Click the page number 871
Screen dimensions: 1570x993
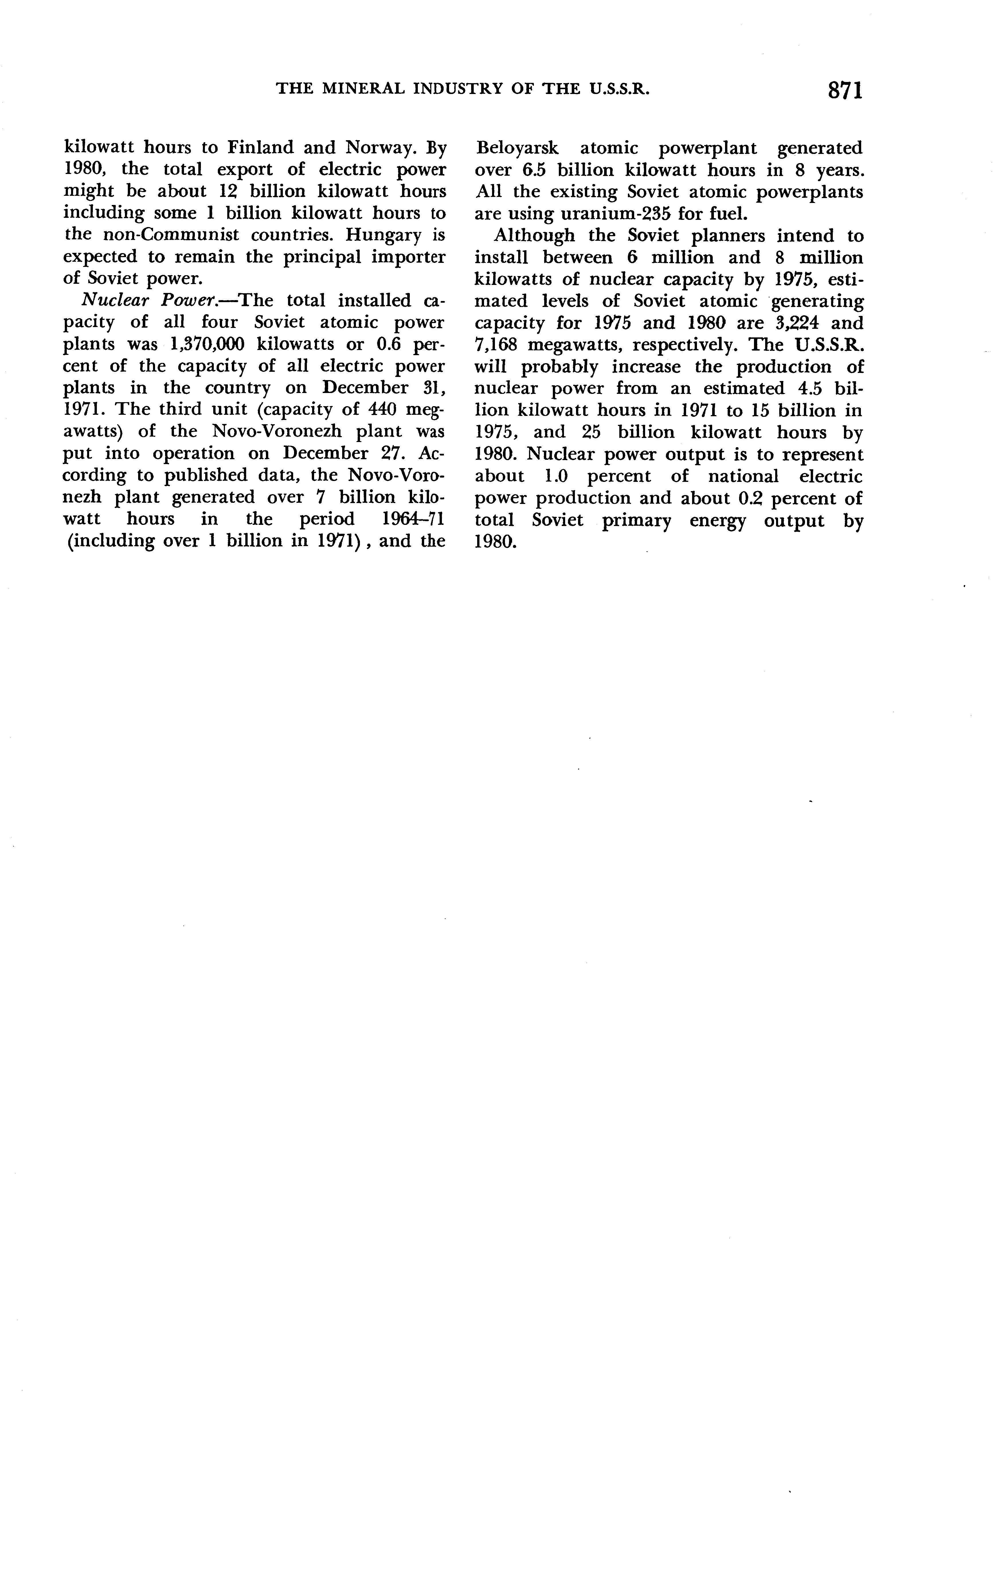[x=845, y=90]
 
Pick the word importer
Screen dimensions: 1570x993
[x=408, y=257]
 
